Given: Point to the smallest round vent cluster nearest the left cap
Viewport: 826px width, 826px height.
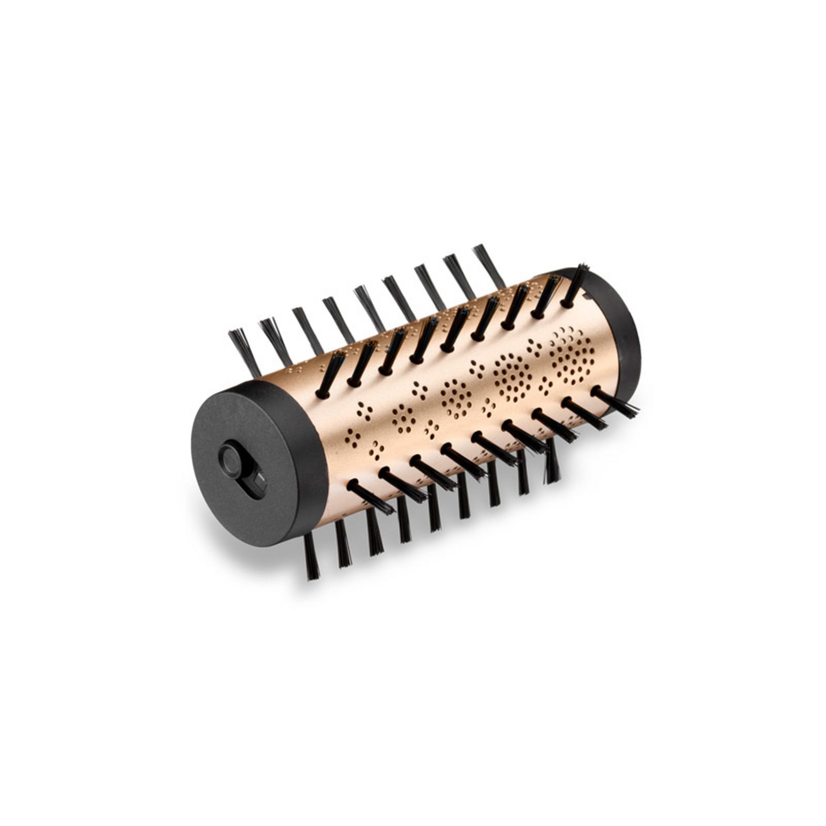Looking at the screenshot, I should point(404,419).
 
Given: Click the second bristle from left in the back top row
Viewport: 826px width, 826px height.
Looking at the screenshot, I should point(275,342).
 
